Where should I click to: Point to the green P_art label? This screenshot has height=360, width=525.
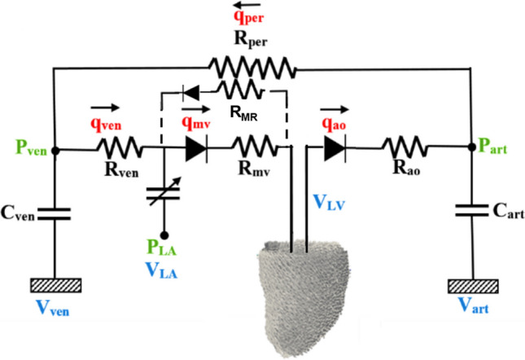point(497,149)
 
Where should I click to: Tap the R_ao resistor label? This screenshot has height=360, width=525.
point(405,173)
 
